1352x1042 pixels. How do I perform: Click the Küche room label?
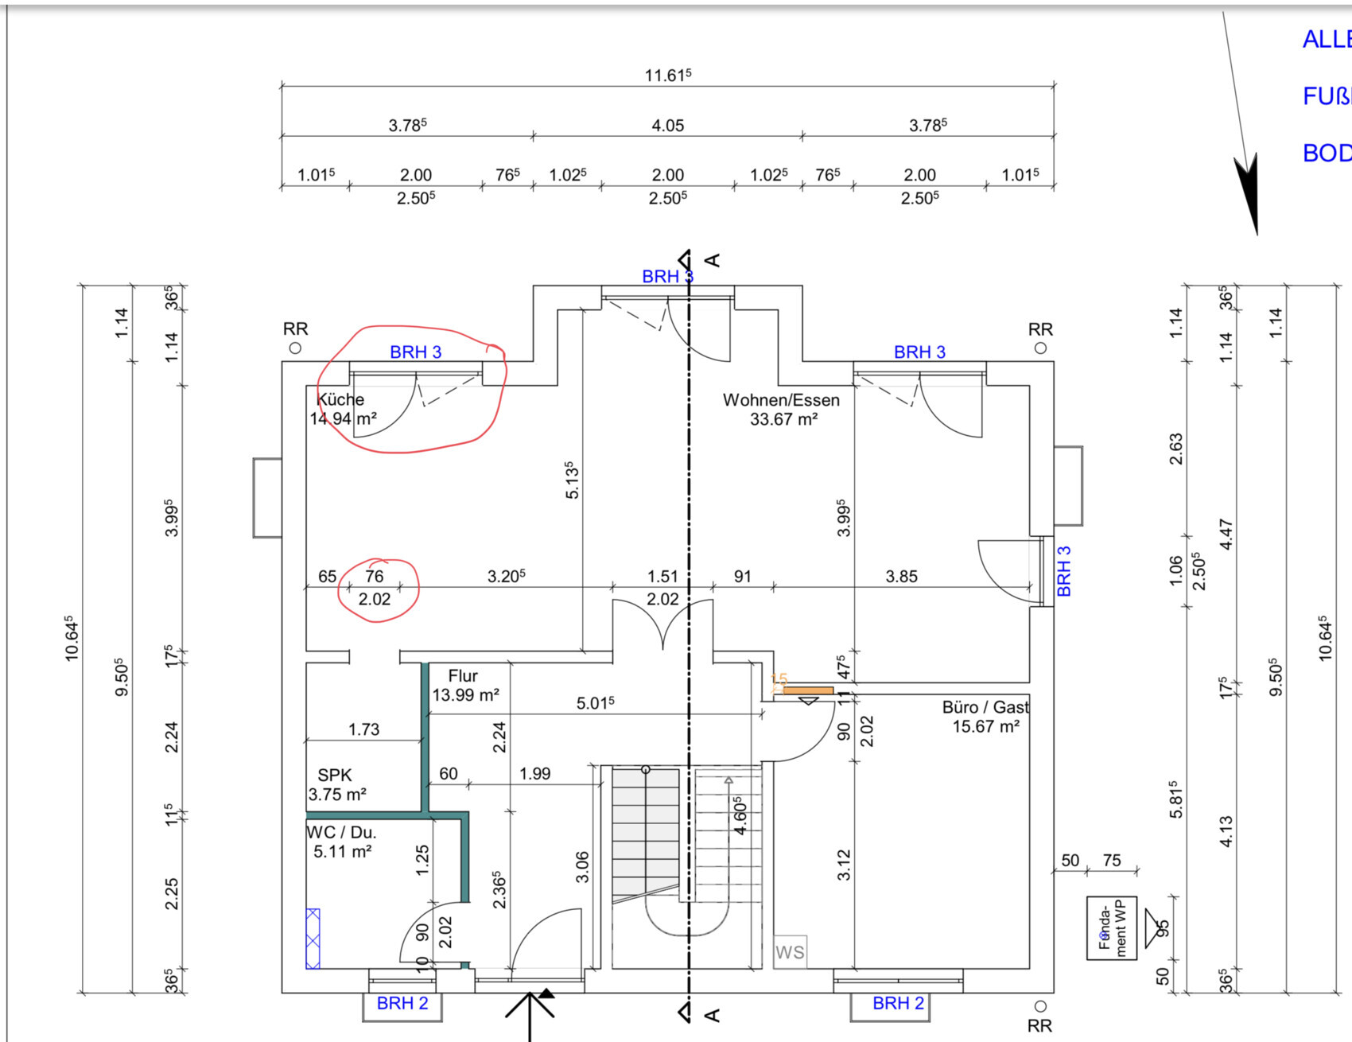(341, 399)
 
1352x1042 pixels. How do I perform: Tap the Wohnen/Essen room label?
(781, 399)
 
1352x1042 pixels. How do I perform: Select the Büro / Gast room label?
(985, 707)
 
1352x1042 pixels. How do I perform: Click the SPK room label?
(334, 775)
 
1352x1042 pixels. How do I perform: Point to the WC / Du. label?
(341, 832)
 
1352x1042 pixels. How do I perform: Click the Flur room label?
(463, 676)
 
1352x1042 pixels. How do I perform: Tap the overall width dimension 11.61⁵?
(667, 76)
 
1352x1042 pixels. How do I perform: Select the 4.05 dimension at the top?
(667, 126)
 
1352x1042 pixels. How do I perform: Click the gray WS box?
(790, 952)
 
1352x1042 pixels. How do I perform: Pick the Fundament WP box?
(1112, 927)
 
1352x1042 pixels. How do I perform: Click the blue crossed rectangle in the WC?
(313, 939)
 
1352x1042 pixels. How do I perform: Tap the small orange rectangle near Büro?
(808, 690)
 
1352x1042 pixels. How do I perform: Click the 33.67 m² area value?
(783, 419)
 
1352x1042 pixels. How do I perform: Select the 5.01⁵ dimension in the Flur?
(595, 703)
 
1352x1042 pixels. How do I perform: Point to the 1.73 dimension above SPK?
(363, 729)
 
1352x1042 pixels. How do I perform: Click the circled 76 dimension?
(374, 576)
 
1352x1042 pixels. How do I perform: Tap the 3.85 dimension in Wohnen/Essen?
(901, 576)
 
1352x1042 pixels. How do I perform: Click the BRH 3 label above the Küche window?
(415, 352)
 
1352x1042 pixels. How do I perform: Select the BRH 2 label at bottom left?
(402, 1003)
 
